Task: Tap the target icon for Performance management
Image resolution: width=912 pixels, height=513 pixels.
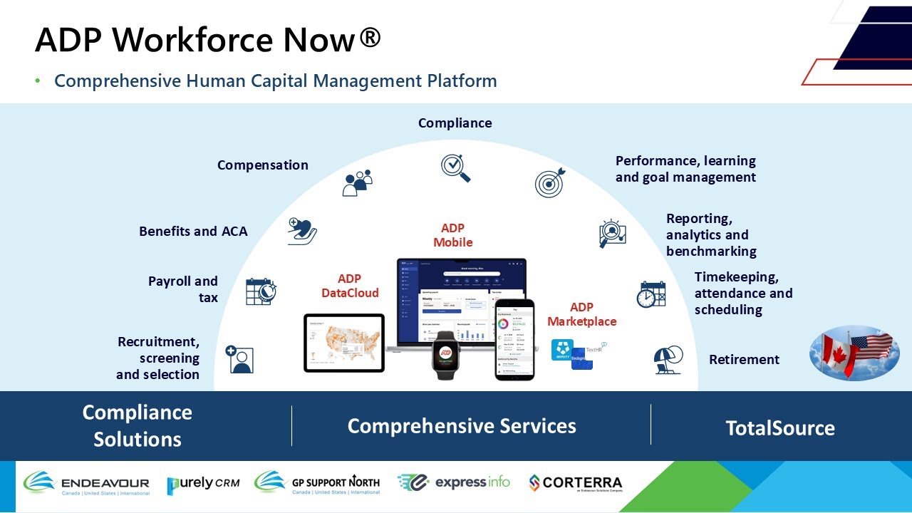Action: [549, 182]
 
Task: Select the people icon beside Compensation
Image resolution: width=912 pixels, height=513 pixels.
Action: [357, 182]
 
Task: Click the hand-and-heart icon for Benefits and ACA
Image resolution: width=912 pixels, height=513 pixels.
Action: [302, 231]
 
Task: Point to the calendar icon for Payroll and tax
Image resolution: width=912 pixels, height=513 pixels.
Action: [260, 291]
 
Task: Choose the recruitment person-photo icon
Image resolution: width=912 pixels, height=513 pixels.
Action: [239, 359]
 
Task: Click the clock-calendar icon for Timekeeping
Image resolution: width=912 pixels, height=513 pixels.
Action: [651, 294]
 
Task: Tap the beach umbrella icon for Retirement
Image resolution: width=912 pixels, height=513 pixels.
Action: [668, 360]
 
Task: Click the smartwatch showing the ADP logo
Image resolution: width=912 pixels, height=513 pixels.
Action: [446, 354]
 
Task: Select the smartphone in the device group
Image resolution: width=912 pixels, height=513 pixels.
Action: [514, 338]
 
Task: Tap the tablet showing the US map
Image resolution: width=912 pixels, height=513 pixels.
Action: [343, 343]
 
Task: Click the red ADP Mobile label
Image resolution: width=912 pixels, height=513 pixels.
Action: [452, 235]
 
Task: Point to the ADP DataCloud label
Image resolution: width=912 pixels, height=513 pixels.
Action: [350, 286]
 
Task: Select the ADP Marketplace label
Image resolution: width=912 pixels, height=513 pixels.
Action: [581, 314]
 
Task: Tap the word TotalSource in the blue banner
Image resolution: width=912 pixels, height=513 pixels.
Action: [780, 428]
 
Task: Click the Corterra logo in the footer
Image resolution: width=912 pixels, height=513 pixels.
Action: [575, 484]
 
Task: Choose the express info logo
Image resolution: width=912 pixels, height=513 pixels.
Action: [454, 483]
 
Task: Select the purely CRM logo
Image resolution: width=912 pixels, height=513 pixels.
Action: [203, 484]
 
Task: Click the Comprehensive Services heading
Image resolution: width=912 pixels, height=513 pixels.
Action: [462, 426]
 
